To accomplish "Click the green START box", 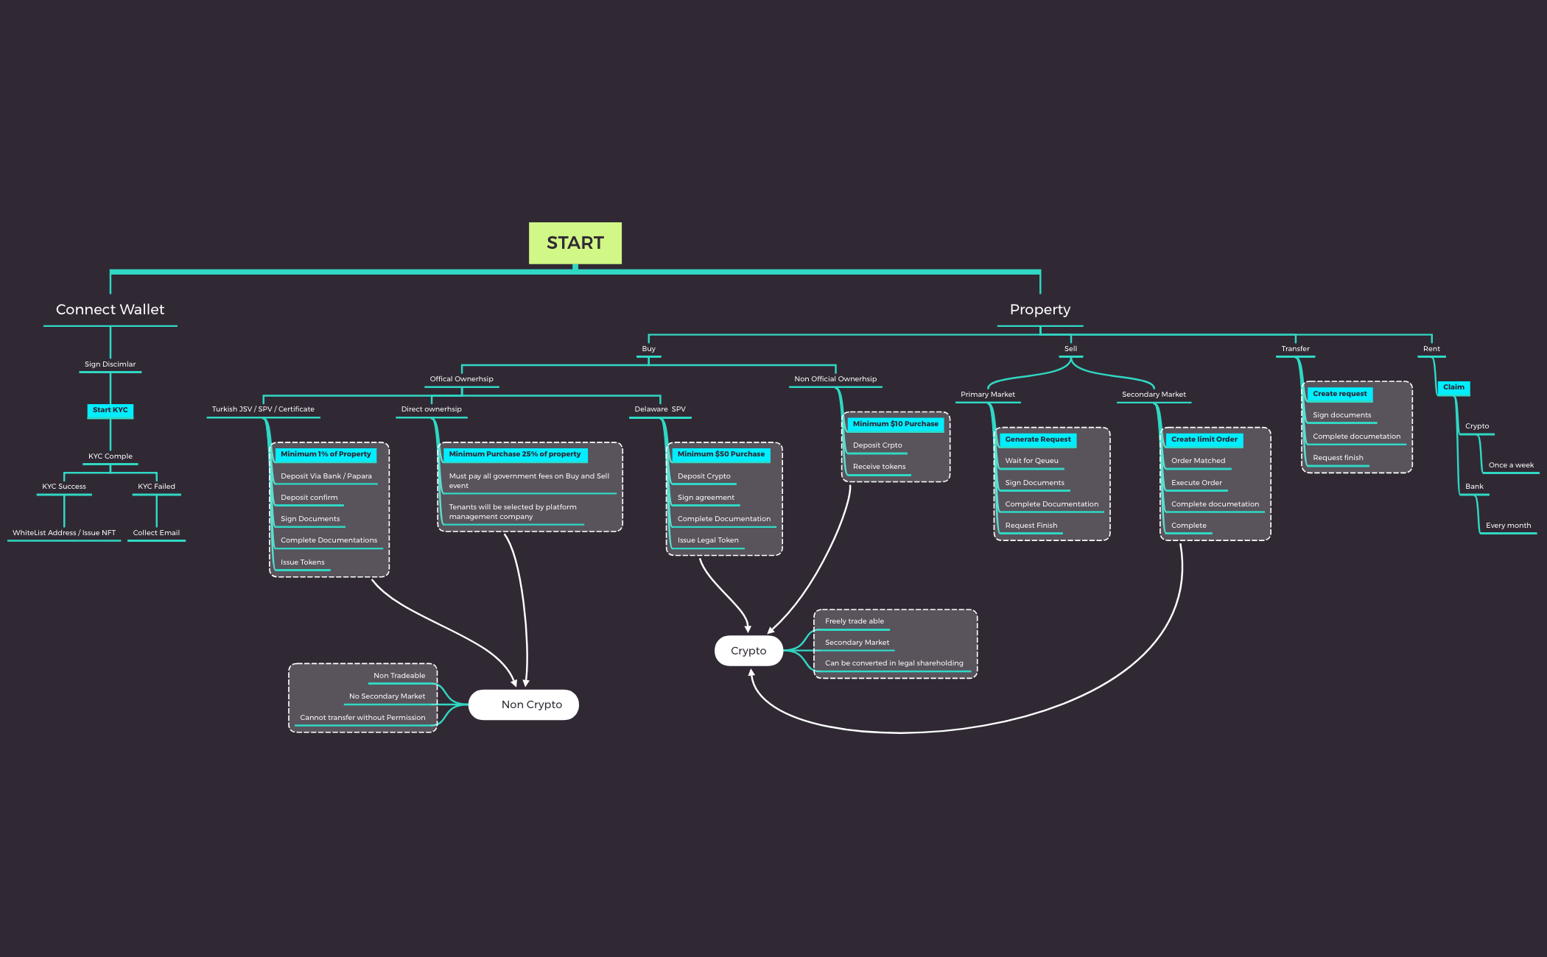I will (x=575, y=243).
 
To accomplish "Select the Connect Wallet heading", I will (x=110, y=310).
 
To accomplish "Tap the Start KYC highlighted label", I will (x=110, y=410).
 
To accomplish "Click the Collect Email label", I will (x=156, y=533).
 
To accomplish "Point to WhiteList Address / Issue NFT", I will (x=64, y=533).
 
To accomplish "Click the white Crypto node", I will (x=748, y=651).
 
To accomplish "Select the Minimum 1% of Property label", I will (x=326, y=454).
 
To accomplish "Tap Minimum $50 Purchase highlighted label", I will (x=720, y=454).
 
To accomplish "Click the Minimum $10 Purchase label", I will (x=895, y=424).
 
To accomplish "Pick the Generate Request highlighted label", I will (x=1037, y=439).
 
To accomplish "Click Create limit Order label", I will (x=1204, y=439).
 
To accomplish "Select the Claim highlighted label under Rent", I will (x=1453, y=387).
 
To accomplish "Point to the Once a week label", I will (x=1511, y=465).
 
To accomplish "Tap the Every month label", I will (x=1508, y=526).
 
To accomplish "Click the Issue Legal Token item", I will (x=708, y=540).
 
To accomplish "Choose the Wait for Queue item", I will (x=1031, y=461).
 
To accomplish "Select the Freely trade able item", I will (x=854, y=621).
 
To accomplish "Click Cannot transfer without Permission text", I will (x=362, y=718).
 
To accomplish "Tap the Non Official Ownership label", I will (x=835, y=379).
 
